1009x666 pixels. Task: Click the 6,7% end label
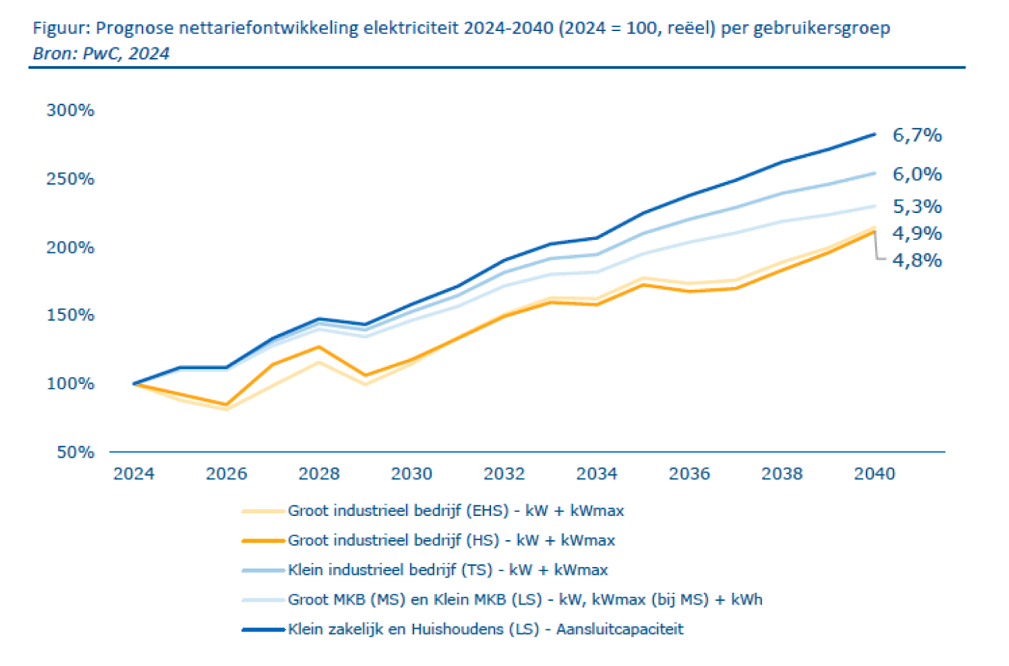tap(917, 136)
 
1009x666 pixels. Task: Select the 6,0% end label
tap(917, 174)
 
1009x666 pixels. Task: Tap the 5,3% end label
tap(917, 207)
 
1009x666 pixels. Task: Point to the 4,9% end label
tap(917, 233)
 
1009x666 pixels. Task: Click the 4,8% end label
tap(917, 260)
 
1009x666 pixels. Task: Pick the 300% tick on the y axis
tap(71, 110)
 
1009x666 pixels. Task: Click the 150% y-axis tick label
tap(71, 316)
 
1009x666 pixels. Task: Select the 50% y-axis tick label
tap(75, 452)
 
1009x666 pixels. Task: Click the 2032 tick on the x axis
tap(506, 473)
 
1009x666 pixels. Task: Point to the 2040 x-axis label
tap(875, 473)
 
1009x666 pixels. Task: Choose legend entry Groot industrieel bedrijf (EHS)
tap(456, 511)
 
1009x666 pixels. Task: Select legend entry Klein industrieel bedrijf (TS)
tap(447, 570)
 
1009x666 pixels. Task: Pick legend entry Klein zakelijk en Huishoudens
tap(485, 629)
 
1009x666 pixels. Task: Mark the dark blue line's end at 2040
tap(875, 134)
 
